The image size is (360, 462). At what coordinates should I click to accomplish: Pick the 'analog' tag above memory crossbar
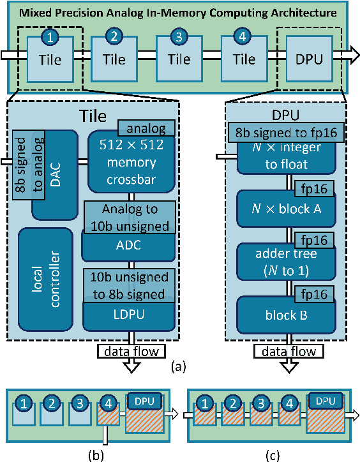click(146, 128)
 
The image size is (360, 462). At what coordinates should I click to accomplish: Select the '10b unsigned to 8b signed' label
click(130, 285)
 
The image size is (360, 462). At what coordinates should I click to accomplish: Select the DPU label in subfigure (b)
click(144, 399)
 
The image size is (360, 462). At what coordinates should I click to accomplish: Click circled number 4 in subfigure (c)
click(290, 403)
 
